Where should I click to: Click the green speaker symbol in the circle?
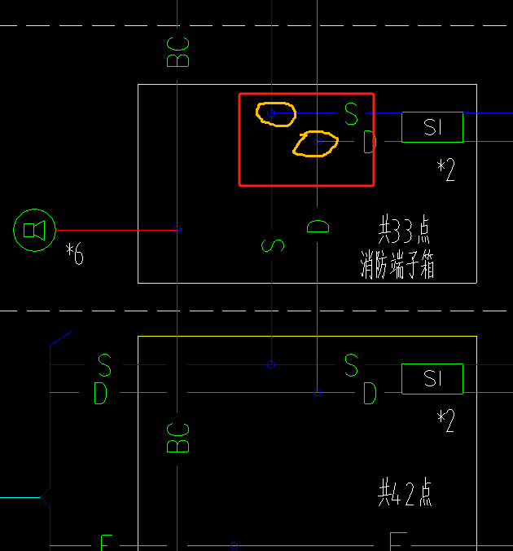[34, 230]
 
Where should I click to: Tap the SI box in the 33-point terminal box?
[432, 127]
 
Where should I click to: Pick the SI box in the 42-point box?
[432, 379]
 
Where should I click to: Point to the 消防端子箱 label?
[397, 266]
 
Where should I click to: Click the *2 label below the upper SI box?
[445, 170]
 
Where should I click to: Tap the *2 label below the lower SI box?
[445, 421]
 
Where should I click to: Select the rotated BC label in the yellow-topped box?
[178, 438]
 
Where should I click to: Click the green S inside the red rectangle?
[351, 113]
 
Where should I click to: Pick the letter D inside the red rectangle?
[369, 143]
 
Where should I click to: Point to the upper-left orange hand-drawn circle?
[274, 113]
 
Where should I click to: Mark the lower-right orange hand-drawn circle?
[316, 143]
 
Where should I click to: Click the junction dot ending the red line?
[178, 230]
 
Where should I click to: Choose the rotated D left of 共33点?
[318, 226]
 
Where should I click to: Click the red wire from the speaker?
[114, 230]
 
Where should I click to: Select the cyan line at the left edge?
[18, 496]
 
